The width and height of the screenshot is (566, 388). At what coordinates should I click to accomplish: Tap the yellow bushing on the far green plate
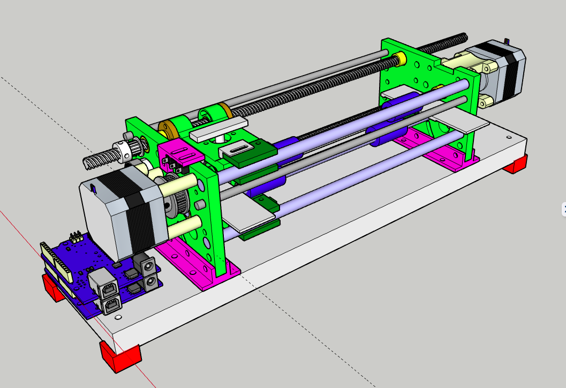point(401,58)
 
